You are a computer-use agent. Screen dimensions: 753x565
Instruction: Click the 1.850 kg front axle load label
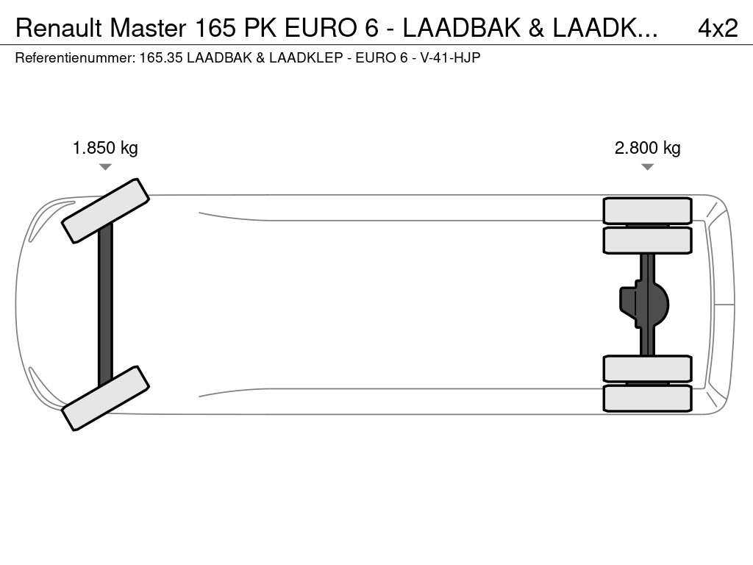click(x=105, y=148)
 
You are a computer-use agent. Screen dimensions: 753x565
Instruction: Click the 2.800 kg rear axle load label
click(x=647, y=148)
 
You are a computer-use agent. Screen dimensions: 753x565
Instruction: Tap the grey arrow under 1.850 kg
click(x=105, y=167)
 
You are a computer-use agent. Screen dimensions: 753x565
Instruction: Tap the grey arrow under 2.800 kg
click(x=647, y=167)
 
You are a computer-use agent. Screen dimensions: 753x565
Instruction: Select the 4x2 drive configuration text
click(x=718, y=29)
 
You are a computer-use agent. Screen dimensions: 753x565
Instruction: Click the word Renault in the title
click(x=59, y=29)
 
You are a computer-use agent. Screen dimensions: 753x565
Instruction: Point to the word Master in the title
click(x=148, y=29)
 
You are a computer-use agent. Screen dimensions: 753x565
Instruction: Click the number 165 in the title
click(x=216, y=29)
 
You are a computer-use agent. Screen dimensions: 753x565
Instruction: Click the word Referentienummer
click(x=76, y=58)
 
